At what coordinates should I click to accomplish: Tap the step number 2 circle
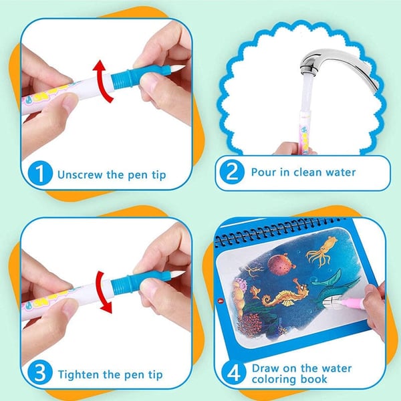(232, 172)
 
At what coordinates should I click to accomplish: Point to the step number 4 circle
(232, 373)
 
